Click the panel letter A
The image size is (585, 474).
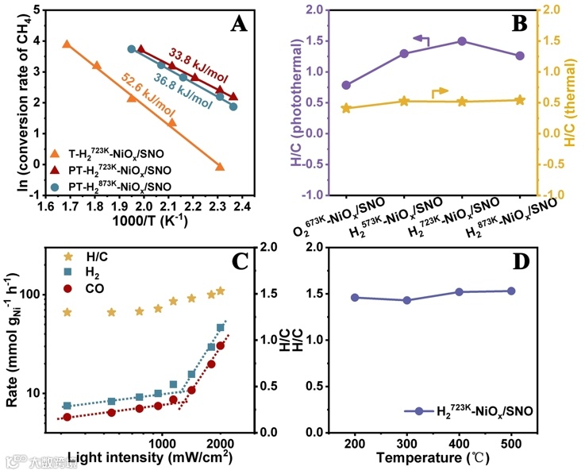(x=239, y=24)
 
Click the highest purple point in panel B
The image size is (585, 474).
(x=462, y=41)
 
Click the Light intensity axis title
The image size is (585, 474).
(x=149, y=457)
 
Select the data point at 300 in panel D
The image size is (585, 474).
(x=407, y=300)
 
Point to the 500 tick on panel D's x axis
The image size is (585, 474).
(x=511, y=441)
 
